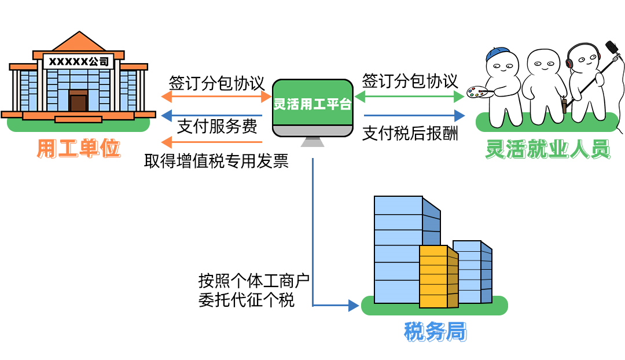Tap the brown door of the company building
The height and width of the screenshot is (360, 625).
[78, 102]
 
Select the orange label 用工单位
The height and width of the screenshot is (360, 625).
[79, 149]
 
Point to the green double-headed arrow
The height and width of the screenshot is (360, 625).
[410, 96]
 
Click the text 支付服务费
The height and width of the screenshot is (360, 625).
[217, 127]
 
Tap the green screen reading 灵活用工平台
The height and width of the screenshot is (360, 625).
[312, 104]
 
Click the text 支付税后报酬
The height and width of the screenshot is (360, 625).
[410, 134]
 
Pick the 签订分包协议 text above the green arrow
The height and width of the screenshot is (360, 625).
[410, 80]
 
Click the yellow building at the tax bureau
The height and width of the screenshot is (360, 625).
[438, 277]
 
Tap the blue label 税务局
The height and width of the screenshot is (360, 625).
[435, 332]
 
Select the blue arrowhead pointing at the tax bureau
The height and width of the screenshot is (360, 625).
[354, 305]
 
